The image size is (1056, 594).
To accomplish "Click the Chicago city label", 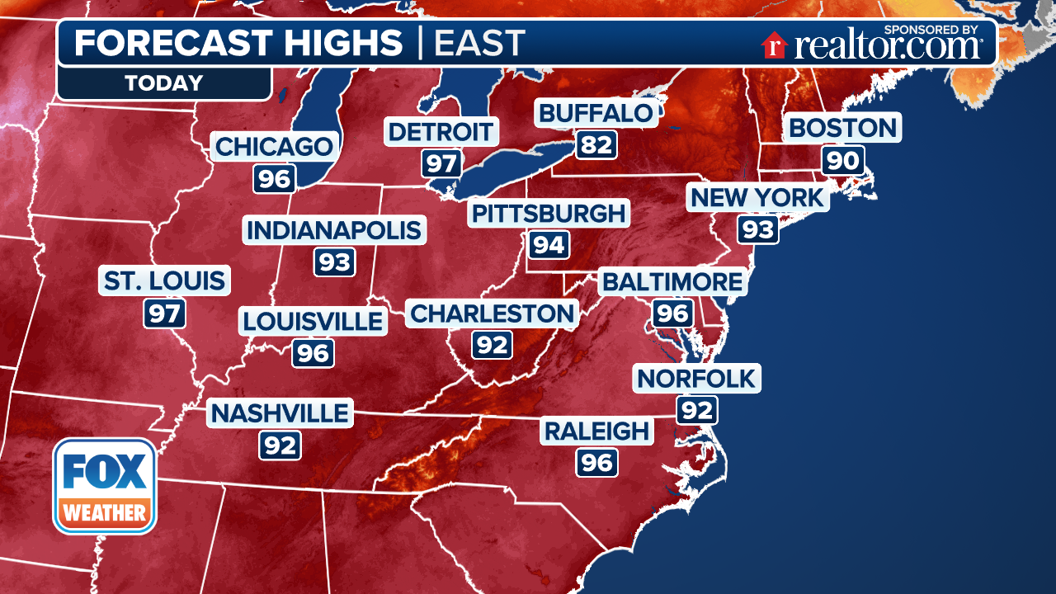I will point(275,148).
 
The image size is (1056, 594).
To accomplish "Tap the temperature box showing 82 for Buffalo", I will point(596,144).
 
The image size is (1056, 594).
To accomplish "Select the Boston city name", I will point(842,128).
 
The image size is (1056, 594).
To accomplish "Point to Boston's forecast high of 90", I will point(842,159).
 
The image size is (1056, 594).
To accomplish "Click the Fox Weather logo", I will point(105,486).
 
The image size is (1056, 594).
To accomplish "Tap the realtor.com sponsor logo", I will point(872,45).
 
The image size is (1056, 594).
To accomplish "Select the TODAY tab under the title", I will point(163,83).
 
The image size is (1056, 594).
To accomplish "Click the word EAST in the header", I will point(479,43).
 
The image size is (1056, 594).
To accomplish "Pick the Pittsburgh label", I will point(549,214).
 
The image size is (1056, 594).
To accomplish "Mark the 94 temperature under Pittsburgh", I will point(548,245).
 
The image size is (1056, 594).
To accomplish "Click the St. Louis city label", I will point(164,280).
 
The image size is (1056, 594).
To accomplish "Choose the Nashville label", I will point(280,413).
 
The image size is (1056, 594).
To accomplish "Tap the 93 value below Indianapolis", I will point(334,262).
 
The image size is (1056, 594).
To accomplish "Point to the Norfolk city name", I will point(697,379).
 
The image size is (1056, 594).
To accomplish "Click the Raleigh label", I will point(596,431).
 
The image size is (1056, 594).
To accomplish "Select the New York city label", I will point(757,198).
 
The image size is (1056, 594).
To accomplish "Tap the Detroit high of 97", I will point(442,163).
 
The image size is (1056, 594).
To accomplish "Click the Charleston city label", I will point(492,313).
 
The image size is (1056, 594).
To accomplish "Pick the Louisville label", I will point(313,321).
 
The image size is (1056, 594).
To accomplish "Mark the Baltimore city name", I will point(672,282).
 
